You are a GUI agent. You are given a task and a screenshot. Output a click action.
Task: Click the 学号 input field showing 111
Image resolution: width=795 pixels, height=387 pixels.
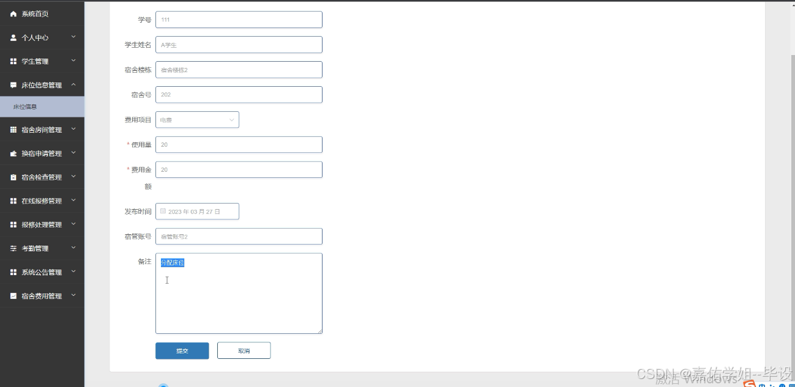click(x=239, y=20)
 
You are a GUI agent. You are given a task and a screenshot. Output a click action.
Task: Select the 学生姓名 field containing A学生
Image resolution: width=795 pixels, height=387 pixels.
click(x=239, y=45)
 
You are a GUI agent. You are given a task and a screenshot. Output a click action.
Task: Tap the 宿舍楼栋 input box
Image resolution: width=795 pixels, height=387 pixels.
click(x=239, y=70)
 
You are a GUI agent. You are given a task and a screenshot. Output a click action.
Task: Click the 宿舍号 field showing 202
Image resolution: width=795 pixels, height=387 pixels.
click(x=239, y=95)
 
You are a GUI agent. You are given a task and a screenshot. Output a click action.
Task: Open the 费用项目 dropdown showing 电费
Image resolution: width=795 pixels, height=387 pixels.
click(x=197, y=120)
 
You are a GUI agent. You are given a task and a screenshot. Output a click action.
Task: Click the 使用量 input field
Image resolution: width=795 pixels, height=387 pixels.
click(x=239, y=145)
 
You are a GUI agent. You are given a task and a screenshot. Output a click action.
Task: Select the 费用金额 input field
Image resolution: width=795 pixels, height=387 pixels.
click(x=239, y=169)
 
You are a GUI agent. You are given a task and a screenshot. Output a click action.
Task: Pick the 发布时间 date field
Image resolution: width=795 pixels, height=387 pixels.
click(x=197, y=212)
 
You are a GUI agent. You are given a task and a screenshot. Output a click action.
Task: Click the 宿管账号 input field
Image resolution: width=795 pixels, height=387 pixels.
click(x=239, y=236)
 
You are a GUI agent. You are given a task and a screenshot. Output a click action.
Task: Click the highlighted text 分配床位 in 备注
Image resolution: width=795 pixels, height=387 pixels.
click(x=173, y=263)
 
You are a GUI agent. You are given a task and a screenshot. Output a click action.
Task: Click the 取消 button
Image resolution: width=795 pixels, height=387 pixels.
click(x=244, y=351)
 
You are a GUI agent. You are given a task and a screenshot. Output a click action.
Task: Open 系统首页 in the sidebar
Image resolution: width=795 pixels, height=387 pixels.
click(x=35, y=13)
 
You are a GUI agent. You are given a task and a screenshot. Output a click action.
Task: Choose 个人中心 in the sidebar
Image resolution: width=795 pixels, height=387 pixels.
click(x=35, y=37)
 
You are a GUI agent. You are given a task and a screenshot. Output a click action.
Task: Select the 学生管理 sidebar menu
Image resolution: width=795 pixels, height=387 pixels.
click(x=35, y=61)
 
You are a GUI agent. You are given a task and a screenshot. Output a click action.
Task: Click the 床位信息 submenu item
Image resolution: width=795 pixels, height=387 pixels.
click(x=25, y=106)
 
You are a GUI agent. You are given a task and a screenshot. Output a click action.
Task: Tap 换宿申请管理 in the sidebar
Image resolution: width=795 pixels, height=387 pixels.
click(x=42, y=153)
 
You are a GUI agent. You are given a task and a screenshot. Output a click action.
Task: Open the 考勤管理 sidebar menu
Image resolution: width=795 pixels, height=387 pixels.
click(x=35, y=248)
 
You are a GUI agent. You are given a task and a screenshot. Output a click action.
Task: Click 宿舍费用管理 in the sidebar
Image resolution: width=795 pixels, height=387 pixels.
click(x=42, y=296)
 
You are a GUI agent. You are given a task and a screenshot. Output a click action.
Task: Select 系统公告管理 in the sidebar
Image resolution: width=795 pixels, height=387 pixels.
click(x=42, y=272)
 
